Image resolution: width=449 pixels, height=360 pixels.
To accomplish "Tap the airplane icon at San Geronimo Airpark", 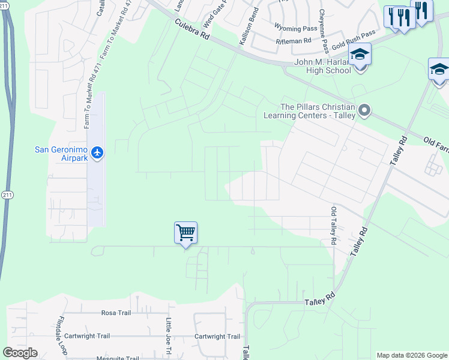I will pyautogui.click(x=97, y=154).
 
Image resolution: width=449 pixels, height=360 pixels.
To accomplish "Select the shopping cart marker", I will pyautogui.click(x=186, y=232).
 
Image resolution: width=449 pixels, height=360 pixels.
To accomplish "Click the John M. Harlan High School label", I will pyautogui.click(x=322, y=66).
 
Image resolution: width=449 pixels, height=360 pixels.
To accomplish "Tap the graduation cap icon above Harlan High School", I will pyautogui.click(x=360, y=55).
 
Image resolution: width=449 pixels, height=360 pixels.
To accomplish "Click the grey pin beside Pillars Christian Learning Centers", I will pyautogui.click(x=363, y=110).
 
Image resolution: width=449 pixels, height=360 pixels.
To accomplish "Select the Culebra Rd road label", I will pyautogui.click(x=192, y=29).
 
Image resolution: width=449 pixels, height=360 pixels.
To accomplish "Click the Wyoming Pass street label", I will pyautogui.click(x=295, y=28).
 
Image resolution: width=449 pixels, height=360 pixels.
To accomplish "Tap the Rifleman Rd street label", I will pyautogui.click(x=294, y=41).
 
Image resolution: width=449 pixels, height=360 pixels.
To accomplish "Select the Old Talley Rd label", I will pyautogui.click(x=333, y=226).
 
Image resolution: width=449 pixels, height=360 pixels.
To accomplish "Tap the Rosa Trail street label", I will pyautogui.click(x=116, y=313).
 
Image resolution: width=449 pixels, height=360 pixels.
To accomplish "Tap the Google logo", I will pyautogui.click(x=20, y=352).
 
